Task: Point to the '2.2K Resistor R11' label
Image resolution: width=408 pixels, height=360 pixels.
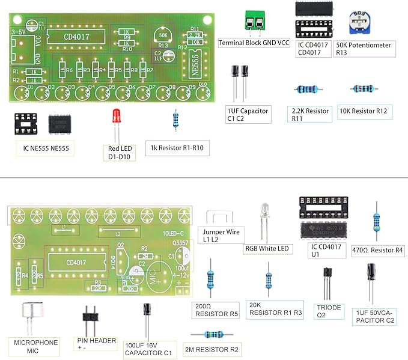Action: coord(310,115)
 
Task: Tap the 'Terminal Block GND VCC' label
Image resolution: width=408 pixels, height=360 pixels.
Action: coord(254,44)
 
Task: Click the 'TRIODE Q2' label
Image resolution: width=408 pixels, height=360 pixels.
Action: coord(329,311)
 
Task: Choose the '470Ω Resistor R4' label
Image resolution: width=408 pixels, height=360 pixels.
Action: coord(376,249)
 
